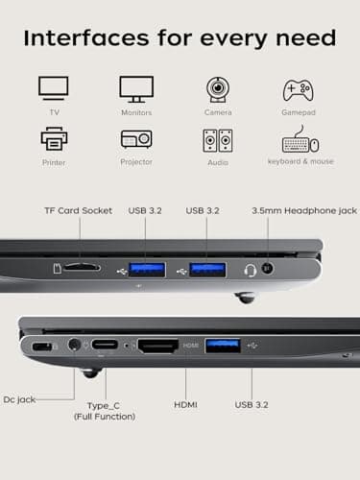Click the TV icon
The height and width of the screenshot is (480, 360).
tap(54, 88)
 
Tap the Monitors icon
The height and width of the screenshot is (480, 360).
tap(136, 88)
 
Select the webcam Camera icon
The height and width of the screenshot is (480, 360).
tap(218, 89)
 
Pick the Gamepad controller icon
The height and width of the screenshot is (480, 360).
tap(299, 89)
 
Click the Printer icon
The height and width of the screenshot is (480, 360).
tap(54, 139)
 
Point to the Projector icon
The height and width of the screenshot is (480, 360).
tap(136, 139)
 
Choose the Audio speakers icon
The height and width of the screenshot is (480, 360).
tap(218, 140)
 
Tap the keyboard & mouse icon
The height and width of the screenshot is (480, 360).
tap(300, 140)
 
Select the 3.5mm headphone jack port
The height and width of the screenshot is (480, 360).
tap(268, 270)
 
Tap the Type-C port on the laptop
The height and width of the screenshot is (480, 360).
tap(107, 346)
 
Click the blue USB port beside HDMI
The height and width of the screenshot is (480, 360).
tap(223, 346)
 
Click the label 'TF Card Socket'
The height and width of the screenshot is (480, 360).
tap(78, 210)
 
